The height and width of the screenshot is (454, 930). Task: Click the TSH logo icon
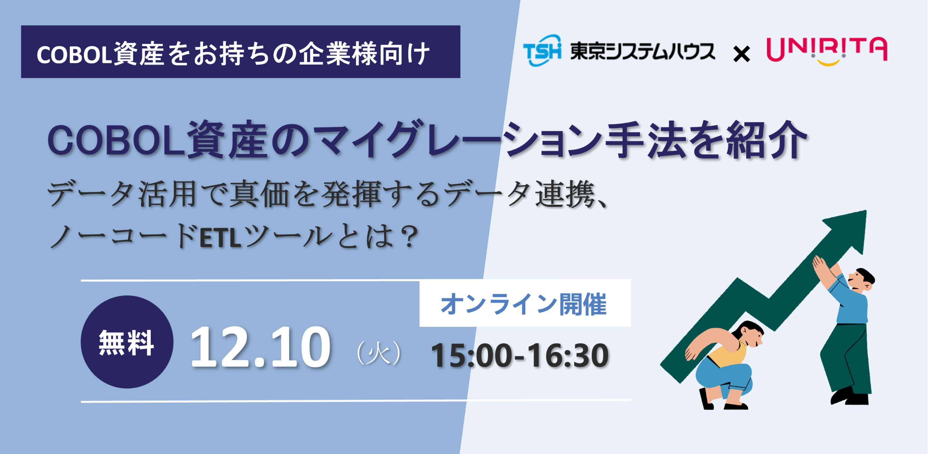[x=542, y=51]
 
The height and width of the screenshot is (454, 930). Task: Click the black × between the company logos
[x=741, y=54]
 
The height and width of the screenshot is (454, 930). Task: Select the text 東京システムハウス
[x=642, y=51]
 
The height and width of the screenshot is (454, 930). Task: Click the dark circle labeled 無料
[x=127, y=342]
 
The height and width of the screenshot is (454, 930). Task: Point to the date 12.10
[x=260, y=347]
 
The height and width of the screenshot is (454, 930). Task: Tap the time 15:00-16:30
[x=520, y=356]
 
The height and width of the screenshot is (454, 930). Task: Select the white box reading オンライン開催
[x=525, y=303]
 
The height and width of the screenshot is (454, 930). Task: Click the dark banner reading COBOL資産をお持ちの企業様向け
[x=241, y=51]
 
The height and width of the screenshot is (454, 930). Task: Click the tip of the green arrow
[x=866, y=211]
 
